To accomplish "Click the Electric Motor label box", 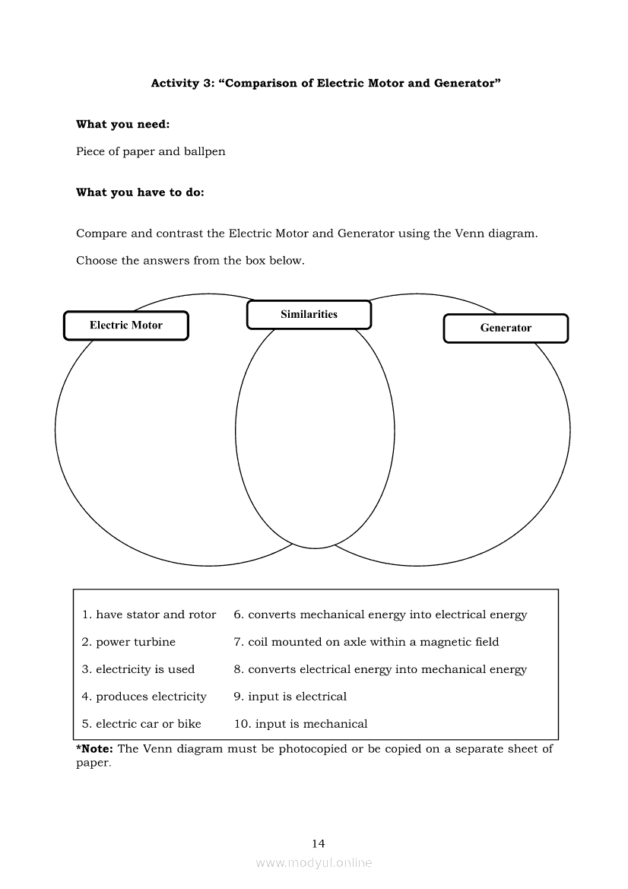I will [125, 325].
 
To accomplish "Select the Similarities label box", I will [309, 315].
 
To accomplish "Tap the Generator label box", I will [506, 329].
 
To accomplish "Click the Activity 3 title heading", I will [325, 83].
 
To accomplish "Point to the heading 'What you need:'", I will [123, 125].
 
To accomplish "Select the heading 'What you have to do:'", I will [140, 192].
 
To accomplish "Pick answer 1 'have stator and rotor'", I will [149, 614].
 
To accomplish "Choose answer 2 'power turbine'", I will [128, 642].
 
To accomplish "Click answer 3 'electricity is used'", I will [138, 669].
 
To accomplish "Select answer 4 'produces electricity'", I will [144, 697].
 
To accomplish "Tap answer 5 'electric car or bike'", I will [141, 724].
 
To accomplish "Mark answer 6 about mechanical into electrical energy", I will [380, 614].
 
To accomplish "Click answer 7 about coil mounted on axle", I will [366, 642].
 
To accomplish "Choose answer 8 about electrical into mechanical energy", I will [380, 669].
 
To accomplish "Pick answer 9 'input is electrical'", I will [290, 697].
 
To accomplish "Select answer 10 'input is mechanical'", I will [301, 724].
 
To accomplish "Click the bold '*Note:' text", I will [95, 749].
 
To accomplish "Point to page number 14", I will [319, 843].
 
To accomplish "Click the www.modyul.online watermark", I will [314, 862].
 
